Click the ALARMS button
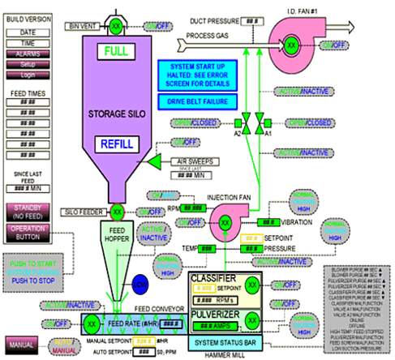(28, 52)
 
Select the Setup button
(28, 63)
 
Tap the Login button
(28, 74)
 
